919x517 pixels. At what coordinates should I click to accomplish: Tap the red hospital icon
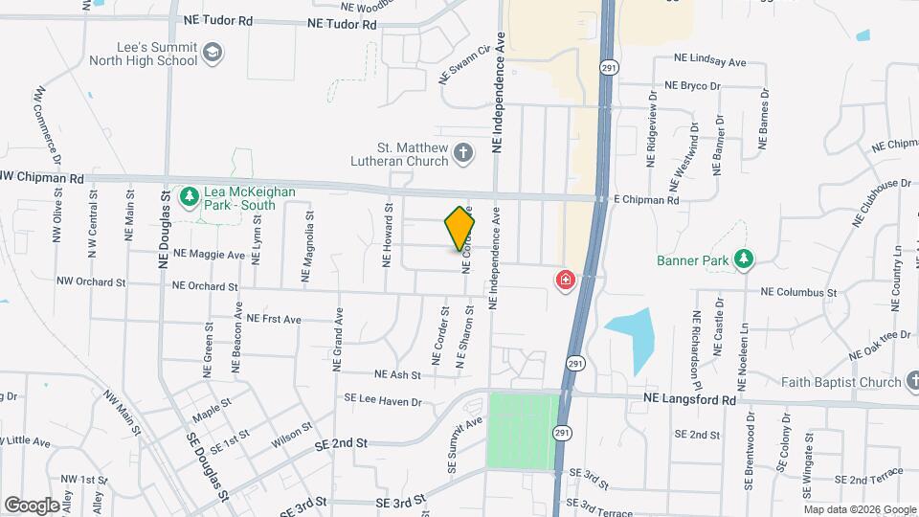(566, 280)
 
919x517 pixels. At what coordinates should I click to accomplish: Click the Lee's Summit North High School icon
(213, 52)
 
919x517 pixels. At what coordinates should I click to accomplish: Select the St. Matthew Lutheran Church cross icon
(462, 153)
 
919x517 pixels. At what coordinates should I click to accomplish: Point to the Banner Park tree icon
(742, 259)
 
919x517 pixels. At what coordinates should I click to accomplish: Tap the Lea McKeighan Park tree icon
(189, 197)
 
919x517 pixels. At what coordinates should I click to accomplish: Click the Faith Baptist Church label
(841, 382)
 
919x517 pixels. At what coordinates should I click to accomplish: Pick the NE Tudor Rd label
(342, 22)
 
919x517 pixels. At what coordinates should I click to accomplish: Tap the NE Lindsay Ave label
(709, 61)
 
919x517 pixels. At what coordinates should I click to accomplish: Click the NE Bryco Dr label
(706, 86)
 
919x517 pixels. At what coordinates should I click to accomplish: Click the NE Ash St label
(398, 374)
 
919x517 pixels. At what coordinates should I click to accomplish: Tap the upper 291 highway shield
(607, 67)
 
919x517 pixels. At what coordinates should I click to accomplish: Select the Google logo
(32, 505)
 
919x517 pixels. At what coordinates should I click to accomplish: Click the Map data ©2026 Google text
(859, 509)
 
